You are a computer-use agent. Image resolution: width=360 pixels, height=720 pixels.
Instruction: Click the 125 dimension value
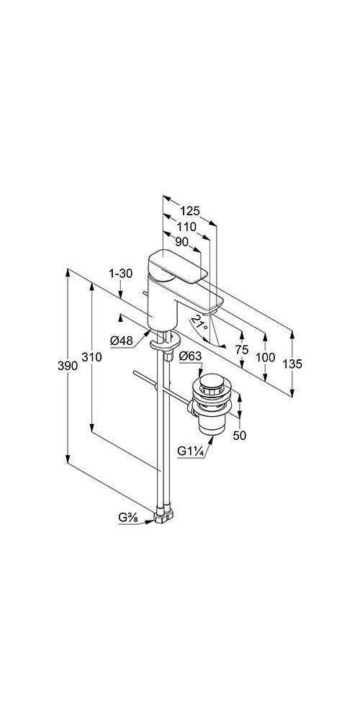(190, 211)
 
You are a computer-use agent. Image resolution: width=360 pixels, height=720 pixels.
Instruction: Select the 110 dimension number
(187, 226)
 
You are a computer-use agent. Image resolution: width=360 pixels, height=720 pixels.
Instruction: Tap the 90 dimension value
(182, 242)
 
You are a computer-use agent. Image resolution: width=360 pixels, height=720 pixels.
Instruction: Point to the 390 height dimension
(67, 366)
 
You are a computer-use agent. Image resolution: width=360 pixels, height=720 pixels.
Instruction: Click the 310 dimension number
(92, 356)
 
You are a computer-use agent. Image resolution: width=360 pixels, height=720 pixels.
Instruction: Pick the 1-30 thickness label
(120, 274)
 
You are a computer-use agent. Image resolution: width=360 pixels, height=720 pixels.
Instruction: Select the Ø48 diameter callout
(122, 341)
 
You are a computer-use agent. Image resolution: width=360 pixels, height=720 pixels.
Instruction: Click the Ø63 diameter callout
(190, 356)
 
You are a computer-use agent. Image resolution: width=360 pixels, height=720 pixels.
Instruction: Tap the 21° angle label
(200, 323)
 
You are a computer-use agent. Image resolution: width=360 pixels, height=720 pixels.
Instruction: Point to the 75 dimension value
(242, 350)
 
